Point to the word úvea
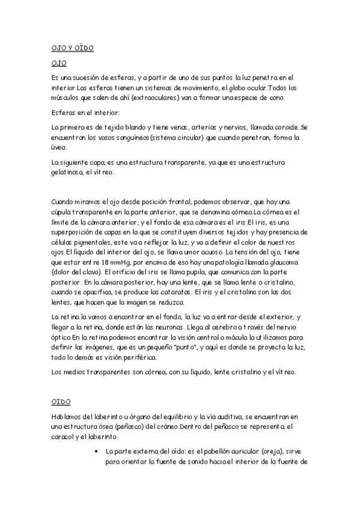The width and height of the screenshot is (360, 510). coord(59,147)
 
